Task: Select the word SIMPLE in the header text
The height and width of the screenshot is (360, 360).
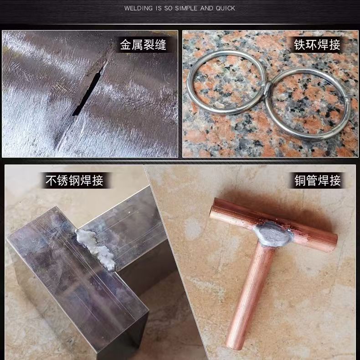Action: coord(186,9)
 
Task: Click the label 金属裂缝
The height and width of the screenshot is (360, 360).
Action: coord(143,44)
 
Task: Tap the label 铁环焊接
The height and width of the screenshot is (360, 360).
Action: coord(317,44)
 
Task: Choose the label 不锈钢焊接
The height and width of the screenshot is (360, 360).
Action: coord(74,180)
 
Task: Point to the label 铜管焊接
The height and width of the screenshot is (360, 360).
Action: coord(318,180)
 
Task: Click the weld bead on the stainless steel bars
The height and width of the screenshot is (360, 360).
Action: coord(96,248)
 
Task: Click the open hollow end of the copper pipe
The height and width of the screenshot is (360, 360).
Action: coord(212,208)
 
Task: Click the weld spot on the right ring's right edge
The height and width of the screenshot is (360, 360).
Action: coord(347,101)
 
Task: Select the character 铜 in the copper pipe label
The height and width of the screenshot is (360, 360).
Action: coord(300,180)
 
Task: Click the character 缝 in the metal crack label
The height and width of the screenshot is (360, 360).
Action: coord(160,44)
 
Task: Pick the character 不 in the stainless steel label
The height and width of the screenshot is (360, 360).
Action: coord(51,180)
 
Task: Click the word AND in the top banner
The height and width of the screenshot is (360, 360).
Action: coord(206,9)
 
